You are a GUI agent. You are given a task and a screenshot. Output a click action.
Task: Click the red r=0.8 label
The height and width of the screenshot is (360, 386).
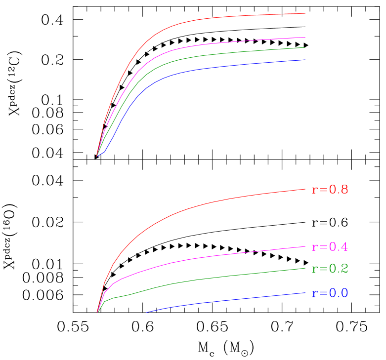330,190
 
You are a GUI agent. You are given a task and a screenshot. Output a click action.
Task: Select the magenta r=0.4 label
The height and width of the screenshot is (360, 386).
330,247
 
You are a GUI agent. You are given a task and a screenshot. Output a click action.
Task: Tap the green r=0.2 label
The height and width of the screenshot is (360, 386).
330,269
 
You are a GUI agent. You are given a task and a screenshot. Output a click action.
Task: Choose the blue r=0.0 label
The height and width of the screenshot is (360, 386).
330,293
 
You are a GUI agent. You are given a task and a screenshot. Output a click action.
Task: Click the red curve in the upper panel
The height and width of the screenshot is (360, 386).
198,20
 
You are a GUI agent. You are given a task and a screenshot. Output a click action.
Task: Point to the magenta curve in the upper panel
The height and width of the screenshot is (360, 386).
198,45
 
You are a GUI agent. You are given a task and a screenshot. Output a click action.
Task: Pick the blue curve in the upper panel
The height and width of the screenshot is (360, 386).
198,70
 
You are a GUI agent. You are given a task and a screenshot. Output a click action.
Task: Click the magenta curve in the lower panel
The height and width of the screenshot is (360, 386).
198,258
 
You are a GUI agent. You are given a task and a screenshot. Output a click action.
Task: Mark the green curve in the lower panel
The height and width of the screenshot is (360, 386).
198,280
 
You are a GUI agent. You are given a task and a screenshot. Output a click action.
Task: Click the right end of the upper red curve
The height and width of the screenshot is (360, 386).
305,13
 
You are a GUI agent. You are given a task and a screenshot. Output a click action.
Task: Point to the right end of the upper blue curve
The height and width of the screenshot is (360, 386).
305,60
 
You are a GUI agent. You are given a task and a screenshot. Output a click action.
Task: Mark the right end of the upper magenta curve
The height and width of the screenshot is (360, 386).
305,38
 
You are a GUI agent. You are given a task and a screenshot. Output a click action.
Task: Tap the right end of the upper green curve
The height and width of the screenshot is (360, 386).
305,47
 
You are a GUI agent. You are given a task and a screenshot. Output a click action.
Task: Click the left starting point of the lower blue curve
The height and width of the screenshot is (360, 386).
147,312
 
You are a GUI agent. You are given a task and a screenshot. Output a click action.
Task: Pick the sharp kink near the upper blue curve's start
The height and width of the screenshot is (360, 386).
105,152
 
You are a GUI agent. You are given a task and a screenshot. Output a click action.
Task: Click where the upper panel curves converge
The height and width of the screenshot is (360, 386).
97,156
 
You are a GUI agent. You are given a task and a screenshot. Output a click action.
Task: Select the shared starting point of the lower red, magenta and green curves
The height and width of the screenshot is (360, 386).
97,312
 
